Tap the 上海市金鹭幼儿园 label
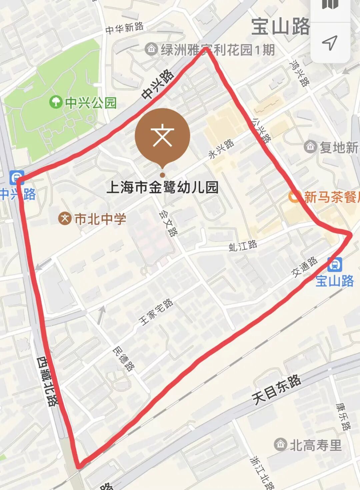162,187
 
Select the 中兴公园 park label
91,103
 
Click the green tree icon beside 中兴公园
55,101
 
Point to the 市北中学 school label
100,219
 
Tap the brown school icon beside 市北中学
65,219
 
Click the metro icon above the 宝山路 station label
334,265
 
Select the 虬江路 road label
243,246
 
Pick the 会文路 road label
168,223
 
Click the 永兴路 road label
221,149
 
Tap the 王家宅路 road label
156,312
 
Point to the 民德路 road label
124,359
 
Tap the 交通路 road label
304,267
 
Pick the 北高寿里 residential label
315,445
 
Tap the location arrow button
330,43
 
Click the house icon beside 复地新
310,147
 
